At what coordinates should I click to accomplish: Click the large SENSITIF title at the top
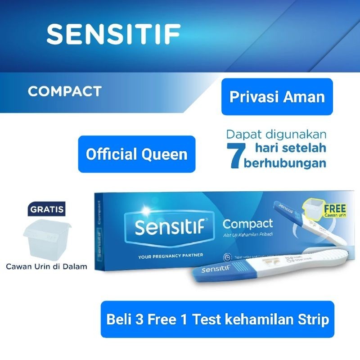113,34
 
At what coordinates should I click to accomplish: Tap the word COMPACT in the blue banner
64,91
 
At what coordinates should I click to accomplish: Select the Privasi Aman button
277,97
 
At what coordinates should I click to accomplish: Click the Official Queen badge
137,154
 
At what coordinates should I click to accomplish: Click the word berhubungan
285,163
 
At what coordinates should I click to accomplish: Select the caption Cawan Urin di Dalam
46,266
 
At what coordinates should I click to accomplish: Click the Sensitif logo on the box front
169,229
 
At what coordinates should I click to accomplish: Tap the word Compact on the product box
248,224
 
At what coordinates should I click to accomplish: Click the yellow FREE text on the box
334,208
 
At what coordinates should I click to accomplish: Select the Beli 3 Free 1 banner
217,319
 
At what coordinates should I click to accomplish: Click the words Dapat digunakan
276,135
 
